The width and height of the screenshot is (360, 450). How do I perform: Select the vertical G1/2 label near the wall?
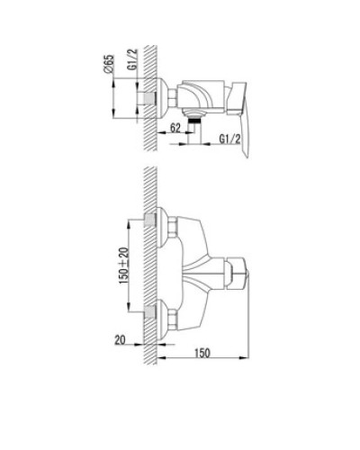(131, 68)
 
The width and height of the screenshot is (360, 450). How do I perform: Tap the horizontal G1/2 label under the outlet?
(231, 139)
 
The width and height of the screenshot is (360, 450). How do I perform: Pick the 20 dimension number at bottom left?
(121, 340)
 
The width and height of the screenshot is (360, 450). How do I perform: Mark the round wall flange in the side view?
(164, 96)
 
